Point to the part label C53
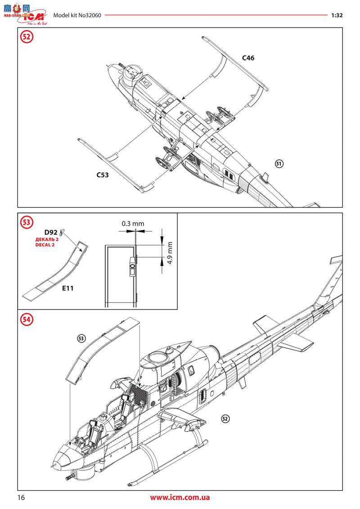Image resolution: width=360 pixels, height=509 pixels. [x=103, y=175]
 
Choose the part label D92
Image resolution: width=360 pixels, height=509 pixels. [x=50, y=232]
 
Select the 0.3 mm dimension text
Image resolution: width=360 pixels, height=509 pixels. [x=133, y=223]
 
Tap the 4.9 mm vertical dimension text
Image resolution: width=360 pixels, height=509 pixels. [x=170, y=253]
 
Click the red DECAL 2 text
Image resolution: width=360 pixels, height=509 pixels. [x=46, y=245]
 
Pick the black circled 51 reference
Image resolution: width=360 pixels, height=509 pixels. [x=279, y=164]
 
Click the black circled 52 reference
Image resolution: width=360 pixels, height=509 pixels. [x=225, y=418]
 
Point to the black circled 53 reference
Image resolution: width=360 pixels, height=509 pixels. [x=81, y=338]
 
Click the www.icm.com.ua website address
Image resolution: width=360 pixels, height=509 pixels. [x=180, y=497]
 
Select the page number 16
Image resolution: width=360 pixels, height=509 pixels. [x=21, y=497]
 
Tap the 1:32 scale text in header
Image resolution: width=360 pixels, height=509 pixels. [x=337, y=15]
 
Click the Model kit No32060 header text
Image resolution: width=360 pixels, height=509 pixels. [x=77, y=15]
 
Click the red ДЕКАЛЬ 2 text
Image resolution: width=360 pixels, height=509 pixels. [x=47, y=239]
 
